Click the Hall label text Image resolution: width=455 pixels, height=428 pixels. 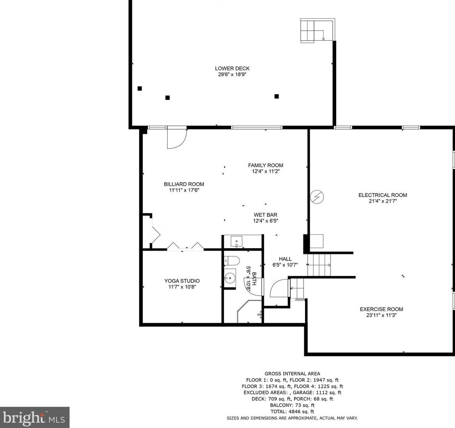[x=285, y=259]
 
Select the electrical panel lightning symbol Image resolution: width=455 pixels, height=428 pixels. [x=317, y=197]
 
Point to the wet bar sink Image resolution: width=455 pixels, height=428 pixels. [x=236, y=241]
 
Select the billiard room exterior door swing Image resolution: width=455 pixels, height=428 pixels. [x=177, y=139]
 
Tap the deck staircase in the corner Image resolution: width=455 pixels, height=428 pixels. [x=317, y=30]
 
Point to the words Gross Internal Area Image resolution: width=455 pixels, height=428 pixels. [x=292, y=374]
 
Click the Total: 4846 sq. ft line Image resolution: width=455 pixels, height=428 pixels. [x=292, y=412]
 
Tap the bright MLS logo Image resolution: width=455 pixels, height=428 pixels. [x=34, y=417]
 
